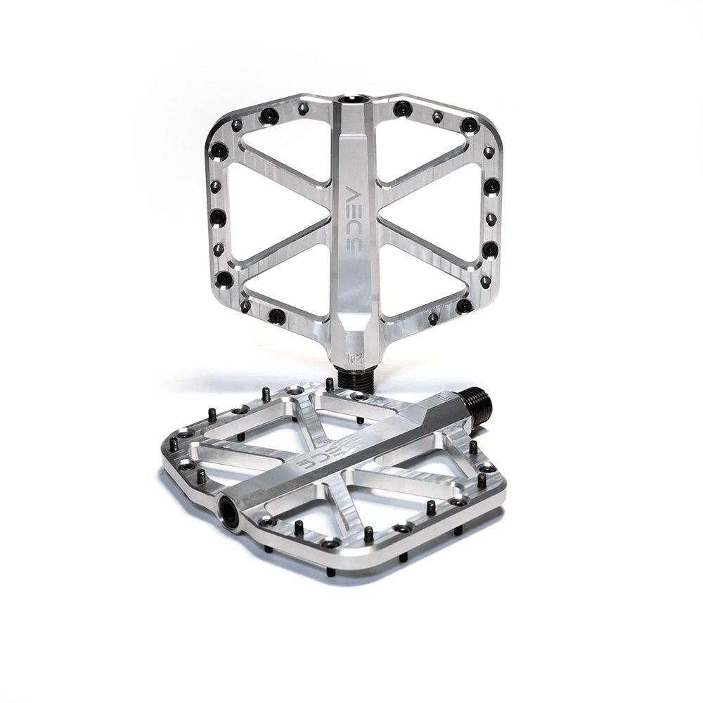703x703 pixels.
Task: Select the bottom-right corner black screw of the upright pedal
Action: point(463,307)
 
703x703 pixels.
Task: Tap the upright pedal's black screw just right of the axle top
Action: point(402,108)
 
